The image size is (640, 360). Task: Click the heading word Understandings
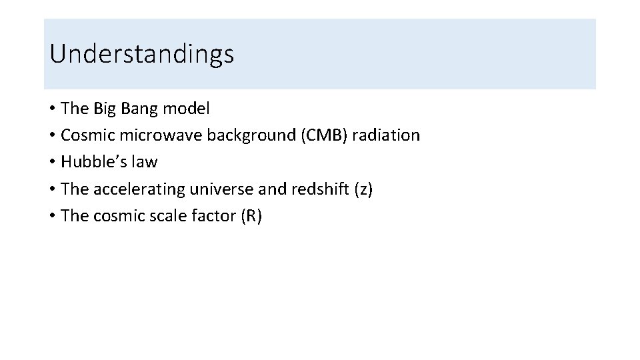(x=141, y=54)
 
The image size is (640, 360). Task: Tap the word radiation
(x=387, y=135)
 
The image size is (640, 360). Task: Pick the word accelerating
(x=139, y=189)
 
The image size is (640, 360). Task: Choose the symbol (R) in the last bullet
(x=251, y=217)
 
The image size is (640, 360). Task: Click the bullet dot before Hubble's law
(x=52, y=163)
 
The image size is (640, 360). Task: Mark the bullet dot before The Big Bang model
(x=52, y=109)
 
